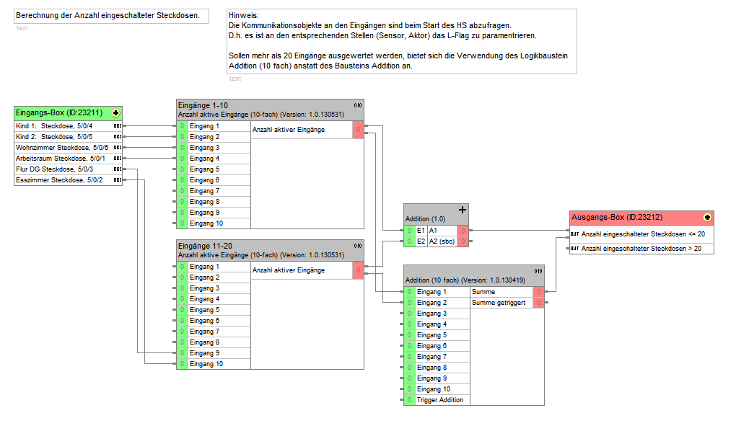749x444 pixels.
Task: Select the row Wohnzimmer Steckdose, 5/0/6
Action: tap(62, 148)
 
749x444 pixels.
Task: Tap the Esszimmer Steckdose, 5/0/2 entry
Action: tap(59, 180)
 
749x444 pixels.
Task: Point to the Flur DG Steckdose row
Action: tap(54, 169)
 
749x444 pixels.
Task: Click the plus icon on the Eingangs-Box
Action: tap(115, 113)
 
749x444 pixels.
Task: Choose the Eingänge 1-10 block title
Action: tap(203, 105)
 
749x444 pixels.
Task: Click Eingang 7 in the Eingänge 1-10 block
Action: tap(204, 191)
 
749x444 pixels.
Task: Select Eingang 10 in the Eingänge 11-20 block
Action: tap(206, 365)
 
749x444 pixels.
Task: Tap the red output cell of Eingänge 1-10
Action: tap(358, 130)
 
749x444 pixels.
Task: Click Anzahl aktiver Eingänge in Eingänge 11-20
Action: tap(289, 270)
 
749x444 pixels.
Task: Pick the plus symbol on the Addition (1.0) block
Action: tap(463, 210)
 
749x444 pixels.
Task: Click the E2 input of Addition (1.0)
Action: tap(421, 241)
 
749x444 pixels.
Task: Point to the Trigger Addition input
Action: tap(440, 400)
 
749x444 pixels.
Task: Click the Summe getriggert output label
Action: tap(499, 303)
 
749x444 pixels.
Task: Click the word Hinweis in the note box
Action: tap(242, 15)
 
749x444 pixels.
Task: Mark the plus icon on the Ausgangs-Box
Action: tap(707, 218)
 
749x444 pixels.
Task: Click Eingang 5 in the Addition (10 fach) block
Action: tap(432, 335)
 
